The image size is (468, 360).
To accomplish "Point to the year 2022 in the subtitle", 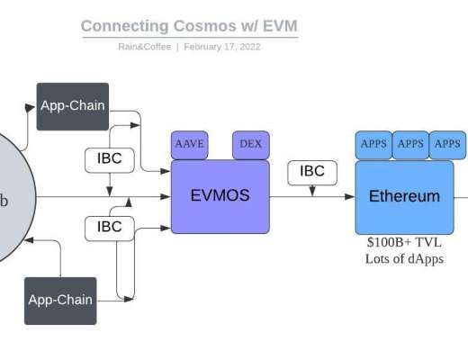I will point(247,46).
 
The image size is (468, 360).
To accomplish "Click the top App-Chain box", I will point(72,105).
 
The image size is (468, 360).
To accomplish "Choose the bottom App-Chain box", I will point(60,300).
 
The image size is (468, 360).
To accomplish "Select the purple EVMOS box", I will point(220,195).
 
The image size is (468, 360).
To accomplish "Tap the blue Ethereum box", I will point(404,195).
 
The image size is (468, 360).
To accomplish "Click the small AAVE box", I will point(190,144).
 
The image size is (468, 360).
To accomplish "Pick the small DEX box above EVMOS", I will point(250,144).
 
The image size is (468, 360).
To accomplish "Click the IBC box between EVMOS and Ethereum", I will point(311,171).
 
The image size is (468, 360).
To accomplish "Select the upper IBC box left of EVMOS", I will point(109,159).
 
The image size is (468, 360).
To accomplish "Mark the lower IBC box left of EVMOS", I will point(109,227).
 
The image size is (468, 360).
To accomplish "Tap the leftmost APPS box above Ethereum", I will point(373,144).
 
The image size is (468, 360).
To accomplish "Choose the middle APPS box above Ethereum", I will point(410,144).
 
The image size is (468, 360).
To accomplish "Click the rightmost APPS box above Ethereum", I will point(446,144).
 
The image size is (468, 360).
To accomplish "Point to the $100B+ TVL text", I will point(404,241).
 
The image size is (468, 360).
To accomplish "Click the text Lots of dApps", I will point(404,258).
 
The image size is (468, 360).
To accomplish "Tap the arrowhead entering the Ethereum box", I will point(351,196).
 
